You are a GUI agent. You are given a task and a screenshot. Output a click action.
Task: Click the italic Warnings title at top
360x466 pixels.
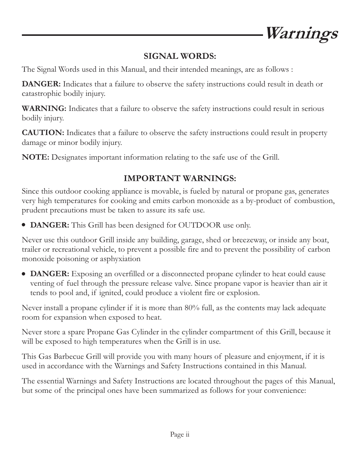(301, 34)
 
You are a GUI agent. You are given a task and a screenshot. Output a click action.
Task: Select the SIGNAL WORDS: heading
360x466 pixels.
(180, 56)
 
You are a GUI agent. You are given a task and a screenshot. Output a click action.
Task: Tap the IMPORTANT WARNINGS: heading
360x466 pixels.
(180, 178)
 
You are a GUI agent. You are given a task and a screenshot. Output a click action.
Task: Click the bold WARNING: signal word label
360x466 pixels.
(44, 109)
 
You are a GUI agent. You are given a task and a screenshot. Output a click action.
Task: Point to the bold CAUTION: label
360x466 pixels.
(43, 133)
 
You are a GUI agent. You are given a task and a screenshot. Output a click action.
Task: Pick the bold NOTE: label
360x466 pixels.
(35, 157)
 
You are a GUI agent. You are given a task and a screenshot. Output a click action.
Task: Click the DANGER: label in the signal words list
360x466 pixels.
(41, 84)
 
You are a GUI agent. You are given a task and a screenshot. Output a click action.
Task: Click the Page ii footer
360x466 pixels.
(180, 435)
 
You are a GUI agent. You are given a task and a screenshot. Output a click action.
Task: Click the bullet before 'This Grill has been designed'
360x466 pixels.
(24, 225)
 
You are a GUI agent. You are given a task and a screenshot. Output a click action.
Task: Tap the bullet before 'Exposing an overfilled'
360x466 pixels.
(24, 274)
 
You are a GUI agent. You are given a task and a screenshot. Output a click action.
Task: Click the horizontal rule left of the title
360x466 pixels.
(142, 35)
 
